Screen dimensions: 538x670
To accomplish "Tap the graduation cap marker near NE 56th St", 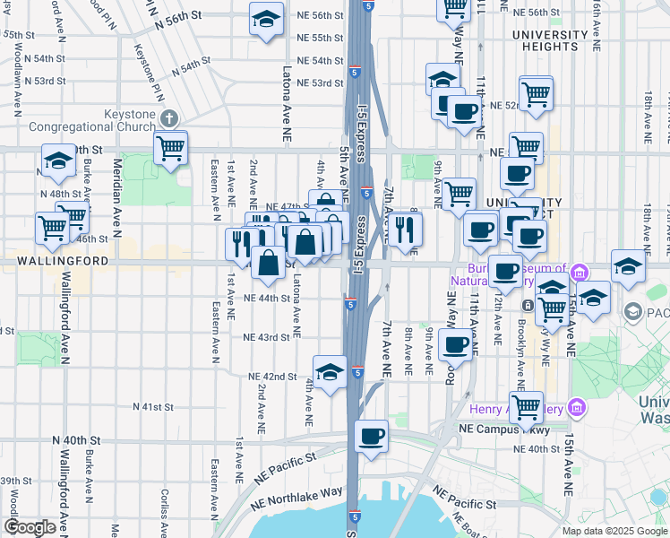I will [x=265, y=20].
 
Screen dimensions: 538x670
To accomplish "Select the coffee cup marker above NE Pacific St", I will [x=371, y=438].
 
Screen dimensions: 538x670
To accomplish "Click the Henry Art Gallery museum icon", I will [x=576, y=409].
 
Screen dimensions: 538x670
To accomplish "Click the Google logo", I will [x=30, y=527].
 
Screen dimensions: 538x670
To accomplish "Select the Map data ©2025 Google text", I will [x=614, y=531].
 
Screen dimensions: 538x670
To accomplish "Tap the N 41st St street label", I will [x=152, y=406].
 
